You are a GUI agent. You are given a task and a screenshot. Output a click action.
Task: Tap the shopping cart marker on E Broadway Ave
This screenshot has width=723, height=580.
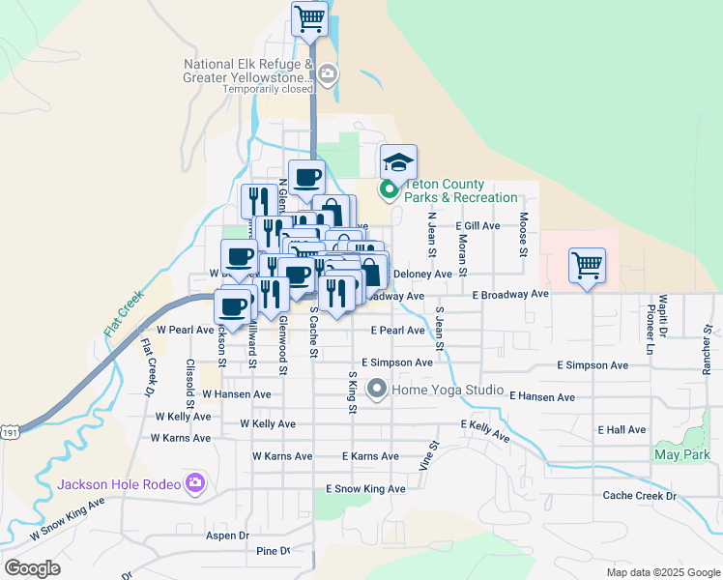[588, 264]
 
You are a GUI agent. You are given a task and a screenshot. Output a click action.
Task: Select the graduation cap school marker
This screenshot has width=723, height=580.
[397, 160]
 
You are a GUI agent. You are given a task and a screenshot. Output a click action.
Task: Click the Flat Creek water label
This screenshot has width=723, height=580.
[125, 312]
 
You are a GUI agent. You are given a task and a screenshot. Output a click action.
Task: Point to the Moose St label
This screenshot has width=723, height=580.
[522, 235]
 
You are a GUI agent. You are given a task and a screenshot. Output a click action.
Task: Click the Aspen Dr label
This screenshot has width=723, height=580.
[227, 535]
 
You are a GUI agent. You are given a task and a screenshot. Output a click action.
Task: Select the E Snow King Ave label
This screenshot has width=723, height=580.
[365, 489]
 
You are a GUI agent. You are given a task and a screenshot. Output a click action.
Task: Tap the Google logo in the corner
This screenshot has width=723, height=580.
[32, 568]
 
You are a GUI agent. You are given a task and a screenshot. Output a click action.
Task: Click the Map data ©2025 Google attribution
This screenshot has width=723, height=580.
[662, 572]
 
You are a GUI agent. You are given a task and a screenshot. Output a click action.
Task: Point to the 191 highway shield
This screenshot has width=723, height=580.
[9, 436]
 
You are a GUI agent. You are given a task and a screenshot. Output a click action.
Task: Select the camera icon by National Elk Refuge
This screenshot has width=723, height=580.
[328, 73]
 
